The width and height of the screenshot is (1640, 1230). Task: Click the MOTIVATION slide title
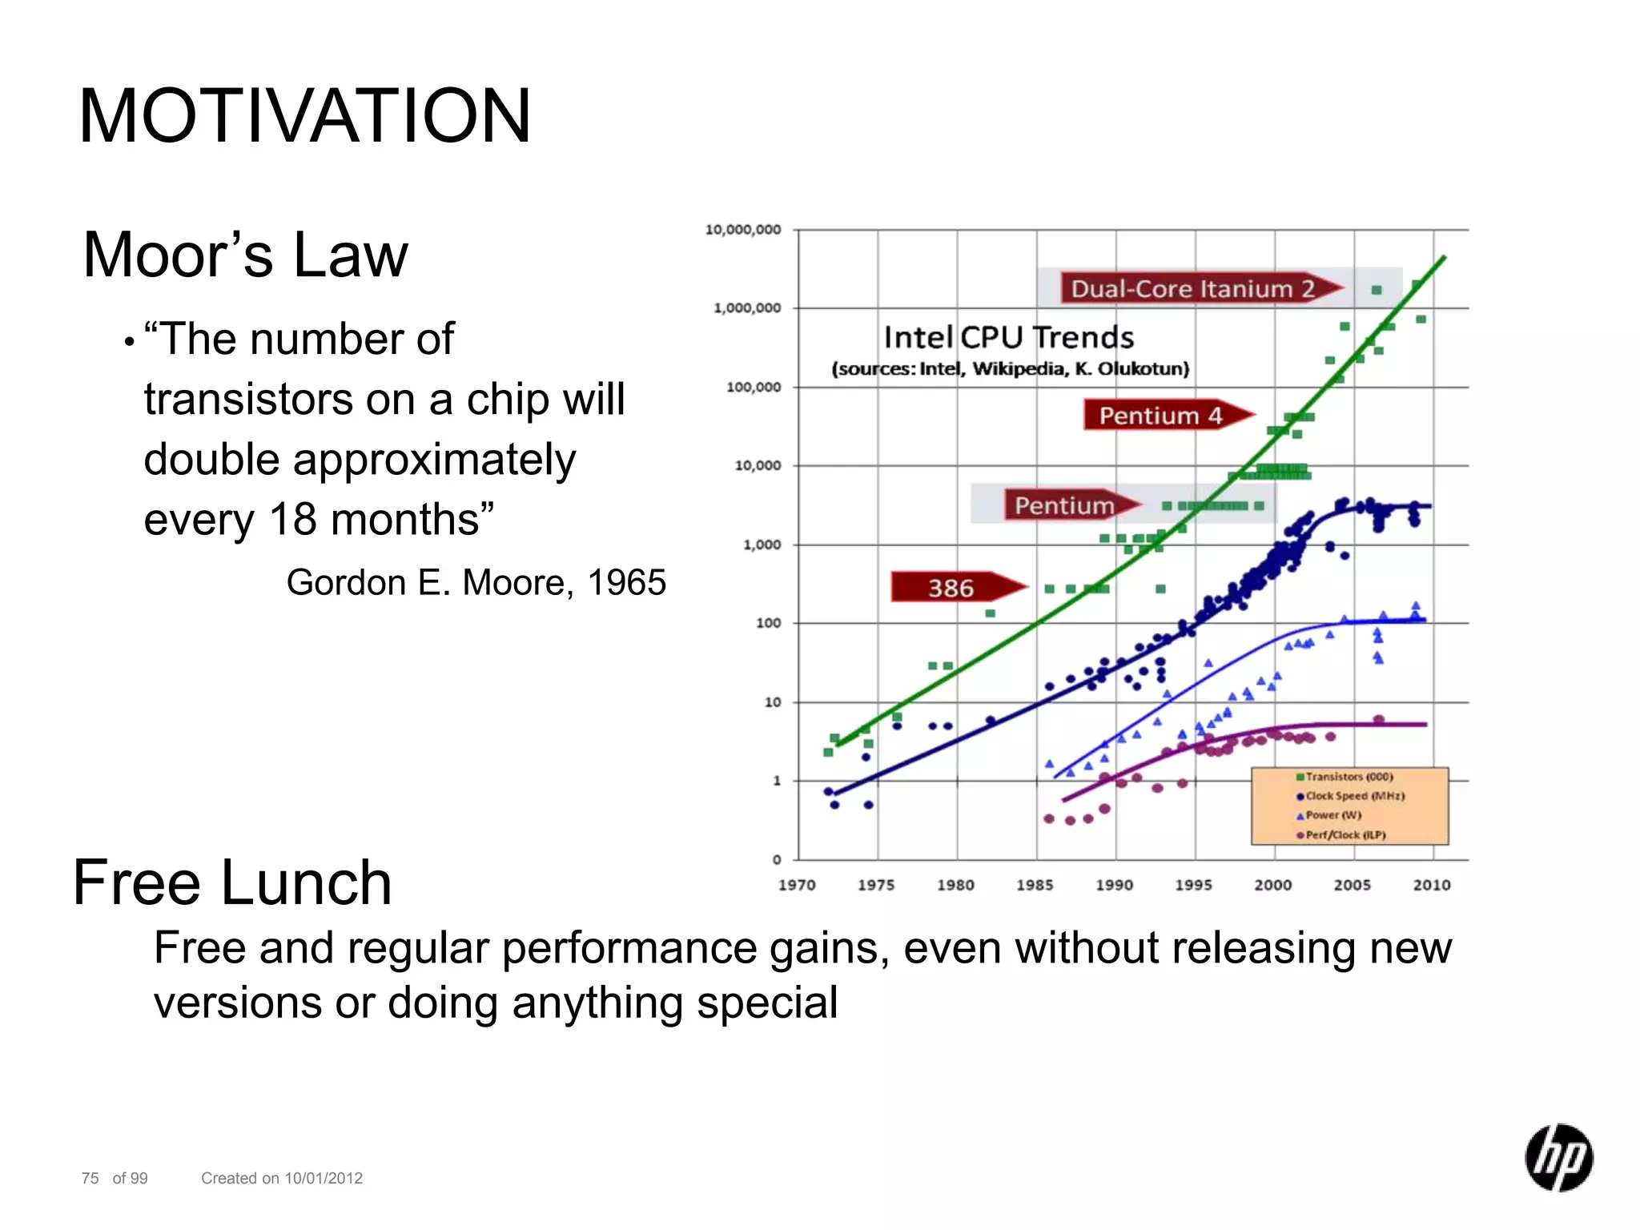(304, 117)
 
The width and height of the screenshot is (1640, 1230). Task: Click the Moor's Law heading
(245, 255)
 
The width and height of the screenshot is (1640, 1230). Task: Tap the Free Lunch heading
(232, 882)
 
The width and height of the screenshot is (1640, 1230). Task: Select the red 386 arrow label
(951, 588)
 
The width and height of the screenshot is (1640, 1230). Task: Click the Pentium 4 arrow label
(1160, 416)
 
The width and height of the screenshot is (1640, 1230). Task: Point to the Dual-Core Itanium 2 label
(1192, 289)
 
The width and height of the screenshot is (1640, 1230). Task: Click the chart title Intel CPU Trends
(1008, 338)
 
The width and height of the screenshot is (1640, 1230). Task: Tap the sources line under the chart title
(1010, 369)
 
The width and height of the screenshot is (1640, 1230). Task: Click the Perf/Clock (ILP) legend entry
(1345, 834)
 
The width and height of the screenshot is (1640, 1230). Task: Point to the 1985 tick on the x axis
(1035, 885)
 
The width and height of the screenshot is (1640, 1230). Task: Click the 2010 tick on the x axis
(1431, 885)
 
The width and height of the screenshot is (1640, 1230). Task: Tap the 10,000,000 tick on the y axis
(742, 230)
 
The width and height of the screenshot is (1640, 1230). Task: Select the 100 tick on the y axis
(768, 623)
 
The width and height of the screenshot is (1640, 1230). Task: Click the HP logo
(1558, 1158)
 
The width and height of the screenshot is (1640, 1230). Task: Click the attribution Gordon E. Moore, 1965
(476, 582)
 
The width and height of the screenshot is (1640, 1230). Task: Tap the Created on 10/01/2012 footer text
(282, 1178)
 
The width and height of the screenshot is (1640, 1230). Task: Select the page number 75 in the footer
(90, 1178)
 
